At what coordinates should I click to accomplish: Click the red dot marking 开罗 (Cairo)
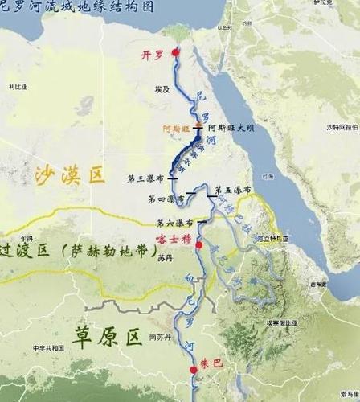coord(176,52)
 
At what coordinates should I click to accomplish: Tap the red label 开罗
coord(155,53)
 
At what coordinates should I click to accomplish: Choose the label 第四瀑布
coord(164,197)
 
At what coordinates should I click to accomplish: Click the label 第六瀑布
coord(174,223)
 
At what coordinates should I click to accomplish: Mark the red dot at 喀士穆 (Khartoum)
coord(198,244)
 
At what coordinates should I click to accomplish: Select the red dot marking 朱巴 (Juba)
coord(193,370)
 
